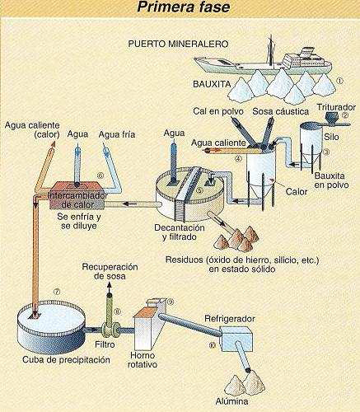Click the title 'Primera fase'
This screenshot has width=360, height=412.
179,10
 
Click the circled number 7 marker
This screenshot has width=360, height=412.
34,289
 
